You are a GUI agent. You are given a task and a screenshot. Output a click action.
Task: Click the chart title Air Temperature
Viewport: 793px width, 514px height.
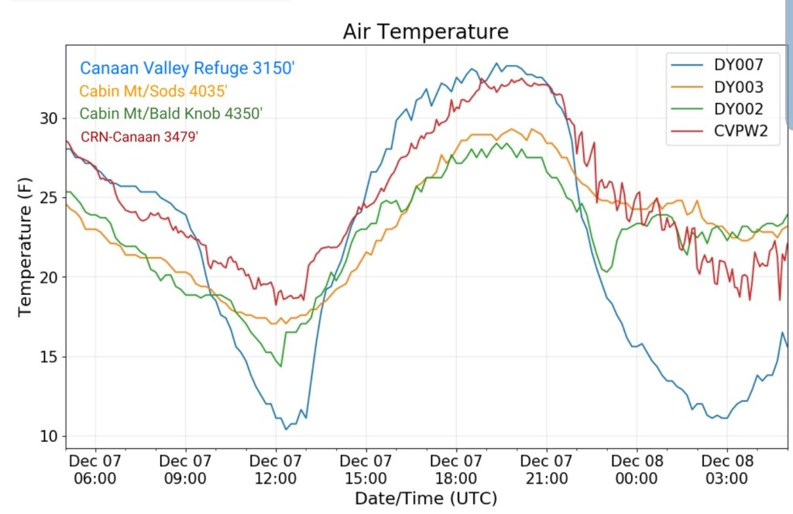[426, 32]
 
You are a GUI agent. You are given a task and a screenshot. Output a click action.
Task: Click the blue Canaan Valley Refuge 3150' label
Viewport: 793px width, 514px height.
[187, 68]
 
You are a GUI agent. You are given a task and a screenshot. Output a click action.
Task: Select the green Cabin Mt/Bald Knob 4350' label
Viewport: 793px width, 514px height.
[171, 114]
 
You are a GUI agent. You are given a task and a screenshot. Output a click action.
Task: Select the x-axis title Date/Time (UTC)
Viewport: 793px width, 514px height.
[425, 498]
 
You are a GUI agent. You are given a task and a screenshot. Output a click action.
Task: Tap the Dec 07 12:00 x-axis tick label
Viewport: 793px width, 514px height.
[276, 469]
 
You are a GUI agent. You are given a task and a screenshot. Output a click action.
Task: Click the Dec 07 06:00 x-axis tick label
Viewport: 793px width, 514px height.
[94, 469]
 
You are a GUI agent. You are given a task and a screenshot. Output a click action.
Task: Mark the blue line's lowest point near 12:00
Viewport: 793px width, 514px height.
[286, 429]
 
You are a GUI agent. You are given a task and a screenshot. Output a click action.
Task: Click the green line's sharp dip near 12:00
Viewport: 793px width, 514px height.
[280, 366]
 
